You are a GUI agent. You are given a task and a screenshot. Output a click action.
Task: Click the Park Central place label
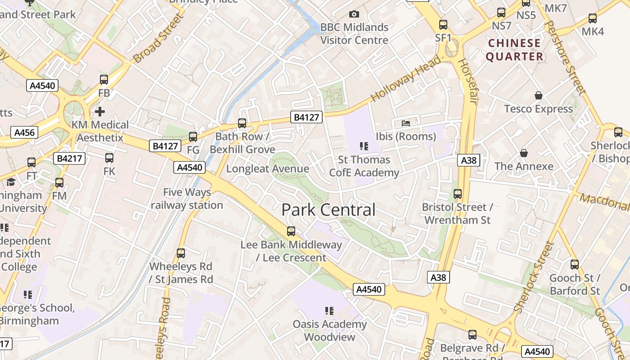[x=328, y=210]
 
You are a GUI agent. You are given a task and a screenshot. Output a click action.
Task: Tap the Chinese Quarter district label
[x=514, y=50]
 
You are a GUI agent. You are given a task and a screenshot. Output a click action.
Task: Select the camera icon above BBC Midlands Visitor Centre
[x=354, y=14]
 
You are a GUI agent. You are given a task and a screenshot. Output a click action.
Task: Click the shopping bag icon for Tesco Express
[x=538, y=95]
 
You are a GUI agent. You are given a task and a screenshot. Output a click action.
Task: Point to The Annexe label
[x=524, y=166]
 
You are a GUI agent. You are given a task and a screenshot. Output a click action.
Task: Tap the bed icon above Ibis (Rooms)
[x=406, y=123]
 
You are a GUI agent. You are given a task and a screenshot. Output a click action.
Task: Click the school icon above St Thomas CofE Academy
[x=364, y=146]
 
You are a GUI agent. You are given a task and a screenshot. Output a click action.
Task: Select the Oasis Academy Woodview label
[x=330, y=330]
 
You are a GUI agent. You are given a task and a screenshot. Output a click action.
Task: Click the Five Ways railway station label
[x=187, y=198]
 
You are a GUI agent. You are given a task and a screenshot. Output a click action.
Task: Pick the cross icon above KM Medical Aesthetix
[x=100, y=111]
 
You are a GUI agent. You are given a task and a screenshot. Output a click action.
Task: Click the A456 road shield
[x=24, y=132]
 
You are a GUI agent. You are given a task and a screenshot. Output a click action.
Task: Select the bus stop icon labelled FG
[x=193, y=137]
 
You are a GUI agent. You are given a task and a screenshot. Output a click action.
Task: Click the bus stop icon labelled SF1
[x=443, y=25]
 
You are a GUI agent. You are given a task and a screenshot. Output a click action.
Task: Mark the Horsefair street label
[x=468, y=81]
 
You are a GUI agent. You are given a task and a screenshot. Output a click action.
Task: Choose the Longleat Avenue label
[x=268, y=169]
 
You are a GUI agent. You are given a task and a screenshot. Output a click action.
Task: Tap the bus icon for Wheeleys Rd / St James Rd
[x=181, y=253]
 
